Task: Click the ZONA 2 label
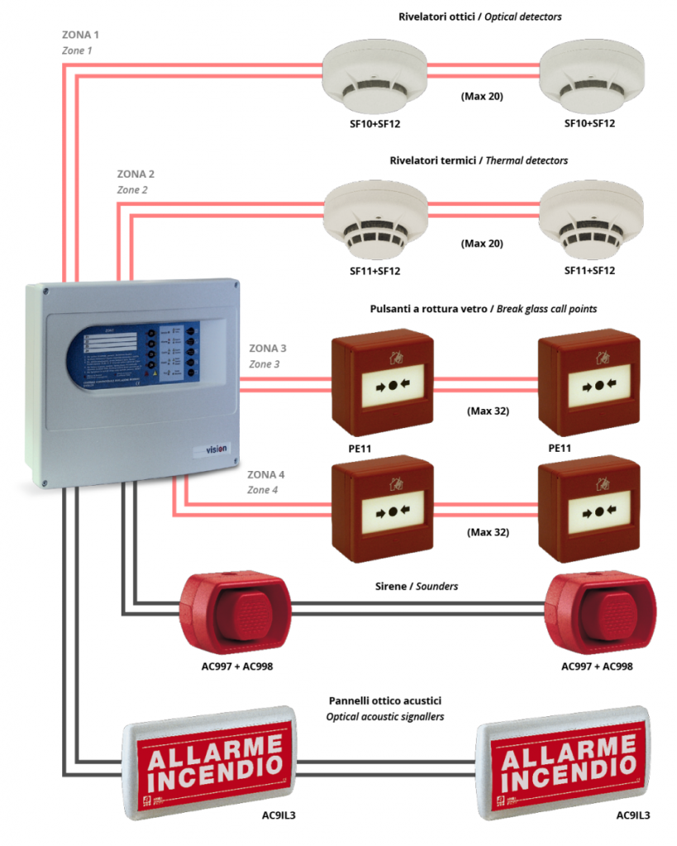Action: [x=136, y=174]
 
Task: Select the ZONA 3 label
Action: [x=268, y=349]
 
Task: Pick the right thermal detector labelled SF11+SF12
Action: [x=590, y=216]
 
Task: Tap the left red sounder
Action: [x=235, y=608]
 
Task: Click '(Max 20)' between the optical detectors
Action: [x=482, y=97]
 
